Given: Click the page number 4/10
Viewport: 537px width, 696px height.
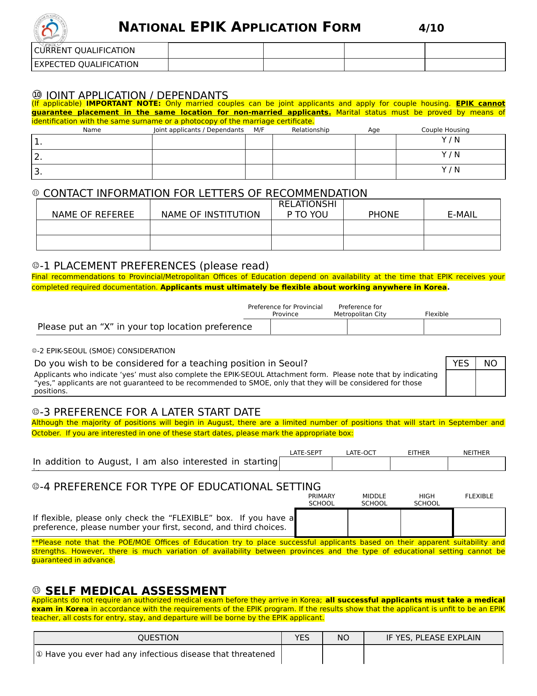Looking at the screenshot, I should [x=431, y=28].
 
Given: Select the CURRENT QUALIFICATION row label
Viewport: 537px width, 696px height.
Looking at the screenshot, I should [x=85, y=51].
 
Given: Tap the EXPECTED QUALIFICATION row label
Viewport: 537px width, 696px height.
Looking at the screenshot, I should [x=86, y=64].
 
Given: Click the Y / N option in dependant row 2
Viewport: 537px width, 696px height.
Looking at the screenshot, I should [x=451, y=155].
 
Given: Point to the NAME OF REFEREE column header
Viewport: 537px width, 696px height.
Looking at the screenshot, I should [x=93, y=215].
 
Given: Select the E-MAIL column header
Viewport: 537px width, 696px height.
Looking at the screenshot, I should [x=462, y=215].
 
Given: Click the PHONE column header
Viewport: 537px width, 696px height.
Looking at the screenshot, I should [x=383, y=215].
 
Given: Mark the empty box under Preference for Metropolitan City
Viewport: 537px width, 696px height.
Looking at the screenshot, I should [x=385, y=327].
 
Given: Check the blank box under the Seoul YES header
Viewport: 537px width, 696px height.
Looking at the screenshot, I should [x=461, y=383].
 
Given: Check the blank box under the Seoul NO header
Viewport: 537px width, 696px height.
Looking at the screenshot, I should [x=490, y=383].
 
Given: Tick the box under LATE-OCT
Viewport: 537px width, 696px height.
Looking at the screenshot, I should [x=361, y=464].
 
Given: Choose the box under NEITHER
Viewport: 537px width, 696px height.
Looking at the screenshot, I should [x=476, y=464].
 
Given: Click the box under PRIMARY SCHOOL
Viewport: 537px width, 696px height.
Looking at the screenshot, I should [x=322, y=523].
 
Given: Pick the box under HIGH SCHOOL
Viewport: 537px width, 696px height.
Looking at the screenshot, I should [x=427, y=523].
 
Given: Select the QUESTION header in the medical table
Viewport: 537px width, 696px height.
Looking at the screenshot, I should [x=158, y=638].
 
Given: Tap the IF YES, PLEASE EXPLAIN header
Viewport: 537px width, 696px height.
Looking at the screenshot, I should [x=433, y=638].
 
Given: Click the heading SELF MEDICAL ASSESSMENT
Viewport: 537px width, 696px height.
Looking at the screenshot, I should [x=136, y=591].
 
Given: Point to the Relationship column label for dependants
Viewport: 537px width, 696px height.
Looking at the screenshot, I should [x=310, y=130].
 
